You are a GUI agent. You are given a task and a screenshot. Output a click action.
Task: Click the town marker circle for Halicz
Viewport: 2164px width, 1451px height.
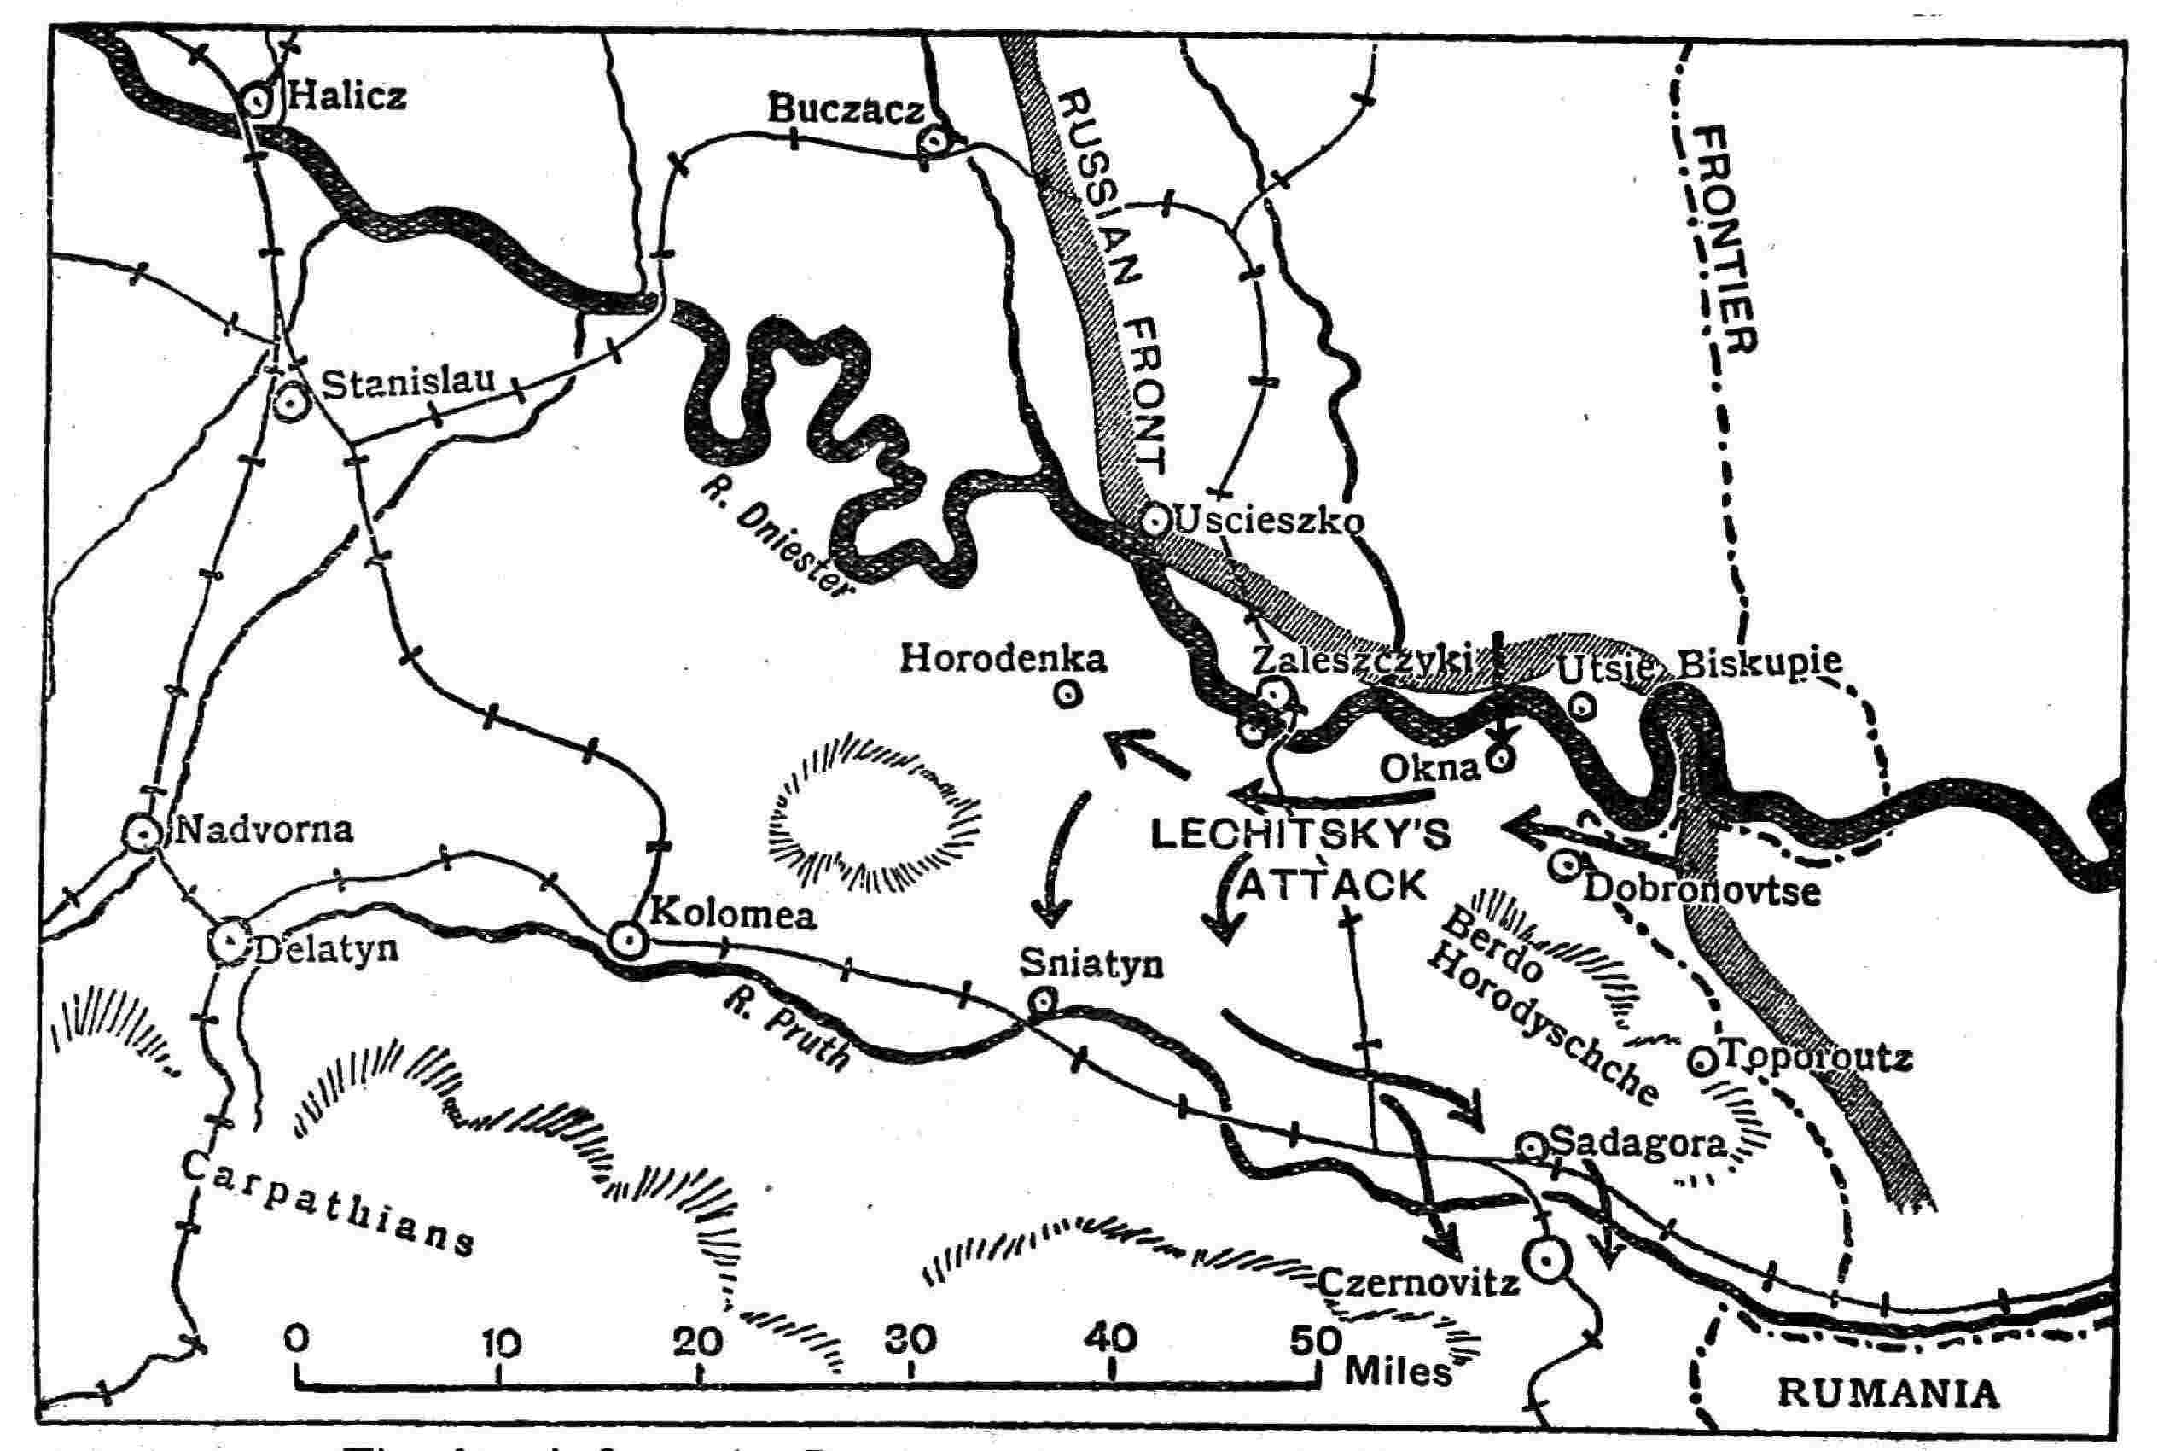click(256, 98)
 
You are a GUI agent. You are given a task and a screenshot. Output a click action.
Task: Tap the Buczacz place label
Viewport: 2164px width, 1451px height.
click(845, 111)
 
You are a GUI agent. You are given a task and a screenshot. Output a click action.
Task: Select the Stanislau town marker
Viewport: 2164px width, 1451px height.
click(292, 403)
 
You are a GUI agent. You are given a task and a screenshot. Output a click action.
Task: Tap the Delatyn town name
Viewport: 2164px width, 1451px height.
click(323, 948)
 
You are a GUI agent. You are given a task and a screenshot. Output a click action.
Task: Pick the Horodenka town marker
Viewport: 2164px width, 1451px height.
click(1067, 694)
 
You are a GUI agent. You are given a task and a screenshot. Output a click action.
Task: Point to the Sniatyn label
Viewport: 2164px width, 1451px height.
click(1091, 964)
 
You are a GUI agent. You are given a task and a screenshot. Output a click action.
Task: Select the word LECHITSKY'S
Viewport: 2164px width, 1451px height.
click(1300, 836)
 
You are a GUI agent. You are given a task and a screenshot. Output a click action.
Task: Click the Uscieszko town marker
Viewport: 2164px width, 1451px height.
click(1155, 521)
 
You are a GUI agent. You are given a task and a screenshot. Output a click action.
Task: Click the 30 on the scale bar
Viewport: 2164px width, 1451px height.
click(910, 1341)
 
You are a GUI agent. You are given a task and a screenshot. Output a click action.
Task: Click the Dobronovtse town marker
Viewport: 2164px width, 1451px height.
click(1563, 865)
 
